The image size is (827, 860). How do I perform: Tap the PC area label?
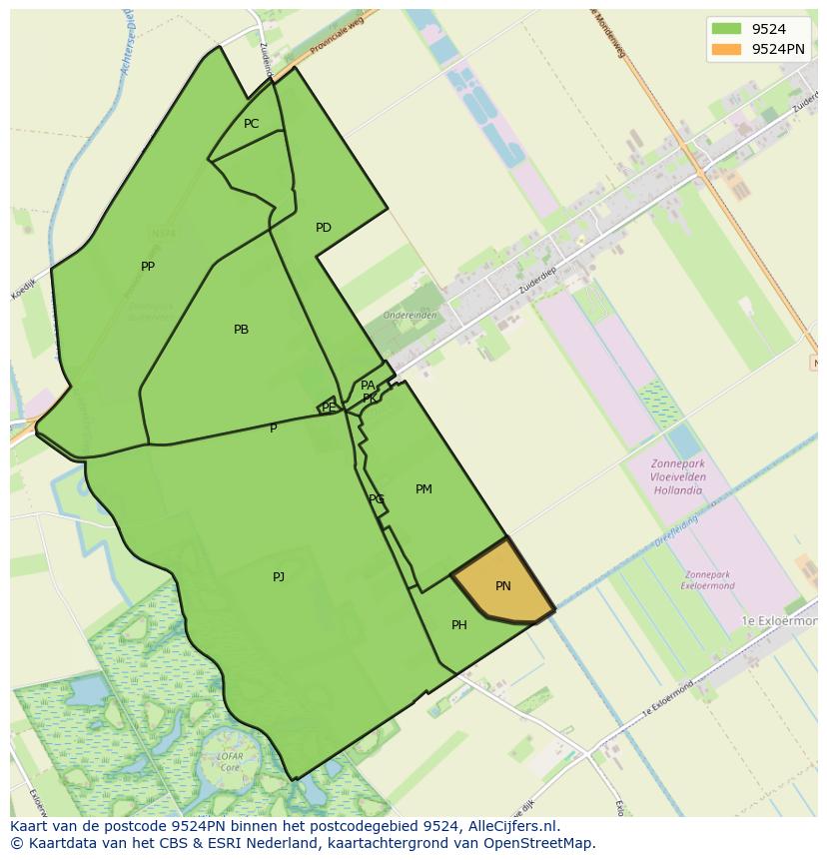[x=252, y=124]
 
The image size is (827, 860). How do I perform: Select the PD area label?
[x=324, y=228]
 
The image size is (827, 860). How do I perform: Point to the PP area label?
[x=148, y=267]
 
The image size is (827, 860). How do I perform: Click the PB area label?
[x=241, y=330]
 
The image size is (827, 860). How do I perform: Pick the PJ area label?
[x=279, y=576]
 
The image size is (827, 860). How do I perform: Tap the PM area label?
[x=424, y=489]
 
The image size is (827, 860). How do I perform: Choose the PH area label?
[x=459, y=625]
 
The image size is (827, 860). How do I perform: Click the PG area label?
[x=376, y=499]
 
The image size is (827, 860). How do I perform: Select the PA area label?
[x=368, y=386]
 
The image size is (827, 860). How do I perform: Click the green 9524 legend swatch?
[x=726, y=29]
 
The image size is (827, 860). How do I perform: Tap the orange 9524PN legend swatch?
[x=726, y=48]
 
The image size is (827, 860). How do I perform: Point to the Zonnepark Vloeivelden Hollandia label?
[x=678, y=477]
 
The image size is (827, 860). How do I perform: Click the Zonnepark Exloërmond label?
[x=709, y=580]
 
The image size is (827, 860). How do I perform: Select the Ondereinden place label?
[x=410, y=315]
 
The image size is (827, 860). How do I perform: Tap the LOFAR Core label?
[x=231, y=761]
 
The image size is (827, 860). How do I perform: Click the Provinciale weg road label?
[x=335, y=39]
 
